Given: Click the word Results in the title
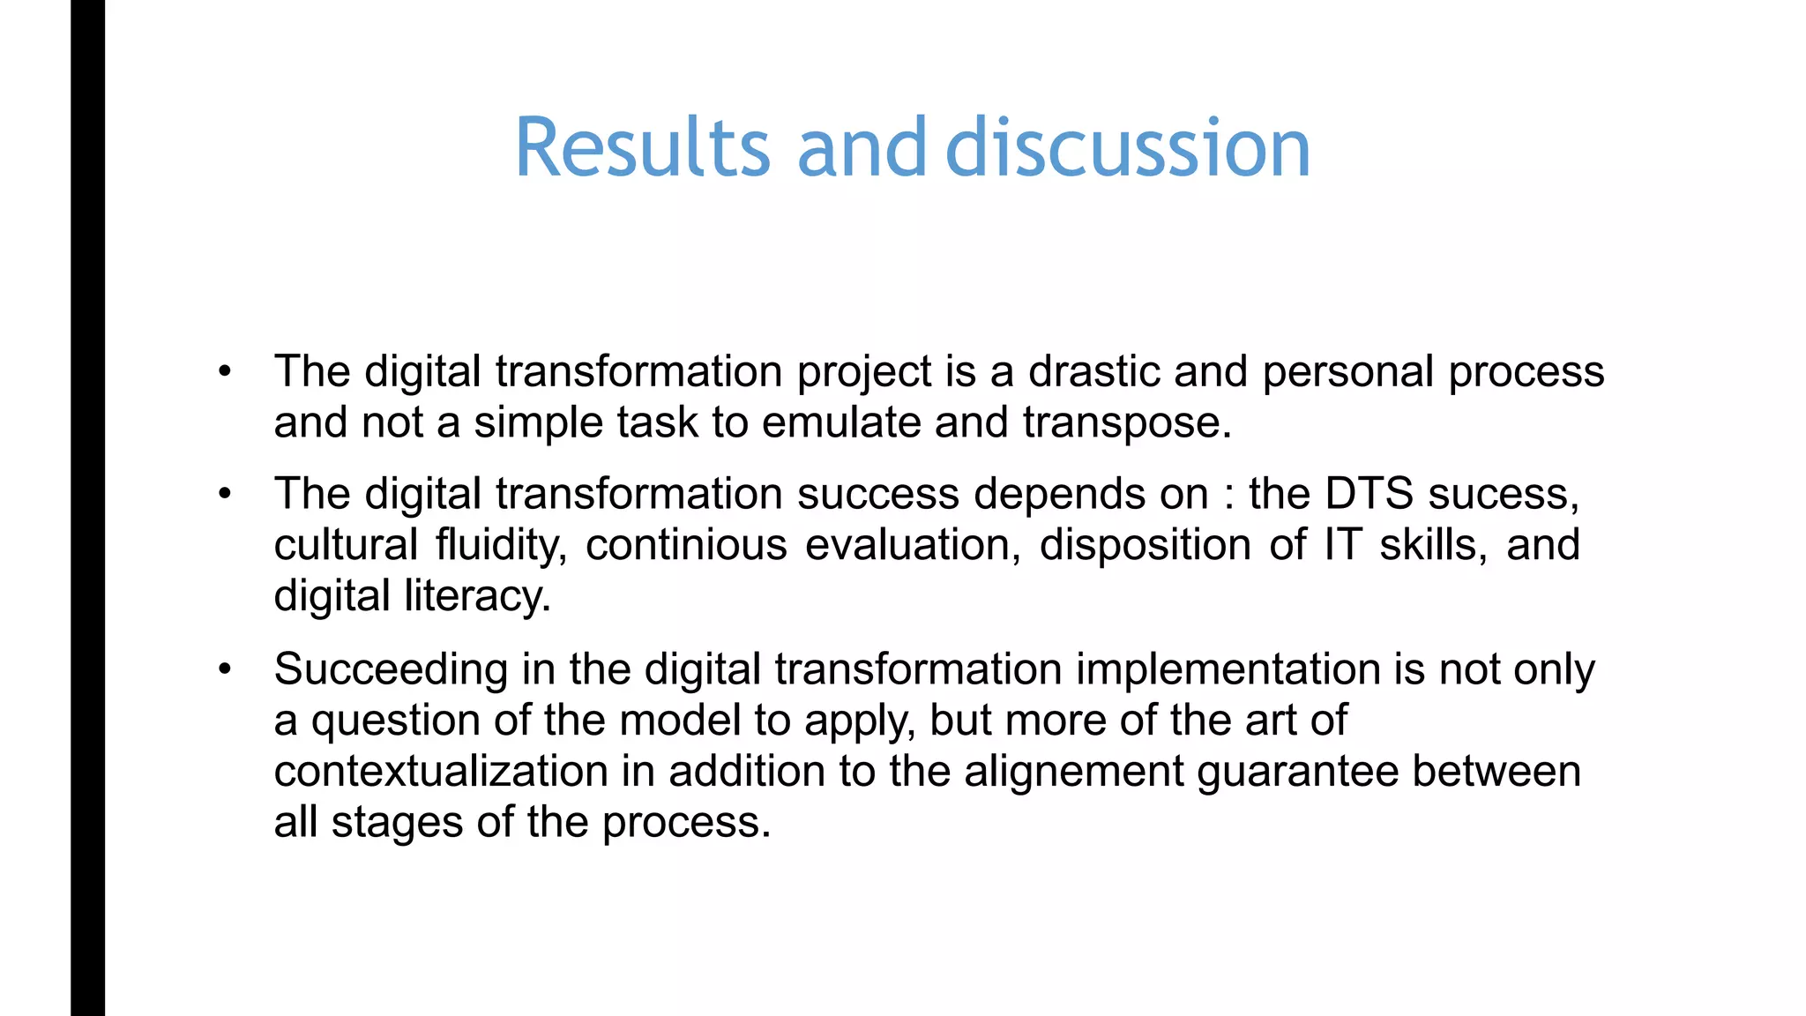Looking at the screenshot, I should [x=643, y=147].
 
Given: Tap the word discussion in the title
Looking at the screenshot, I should [x=1128, y=147].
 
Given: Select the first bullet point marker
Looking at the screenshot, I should [x=226, y=372].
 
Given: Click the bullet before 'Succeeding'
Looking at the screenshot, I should [x=226, y=670].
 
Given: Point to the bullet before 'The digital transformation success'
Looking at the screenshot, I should [x=226, y=495].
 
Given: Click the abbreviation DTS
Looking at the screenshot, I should [x=1369, y=494].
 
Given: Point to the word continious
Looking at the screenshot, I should [x=686, y=545].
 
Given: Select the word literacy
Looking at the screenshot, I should [x=477, y=596].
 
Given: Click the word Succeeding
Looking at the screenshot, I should [x=391, y=670].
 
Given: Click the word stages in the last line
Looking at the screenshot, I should [x=397, y=824].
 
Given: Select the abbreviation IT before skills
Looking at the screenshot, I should [x=1342, y=545].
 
